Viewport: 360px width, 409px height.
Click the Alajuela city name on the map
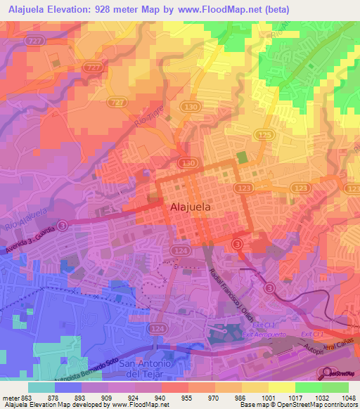191,207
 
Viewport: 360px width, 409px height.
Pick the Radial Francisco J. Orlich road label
231,295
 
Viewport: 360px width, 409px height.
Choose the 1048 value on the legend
349,397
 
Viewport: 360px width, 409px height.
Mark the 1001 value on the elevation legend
269,397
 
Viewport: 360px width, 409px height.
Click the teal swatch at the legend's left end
41,387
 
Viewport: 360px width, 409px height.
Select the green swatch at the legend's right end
335,387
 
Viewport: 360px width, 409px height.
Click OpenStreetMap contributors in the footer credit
314,405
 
